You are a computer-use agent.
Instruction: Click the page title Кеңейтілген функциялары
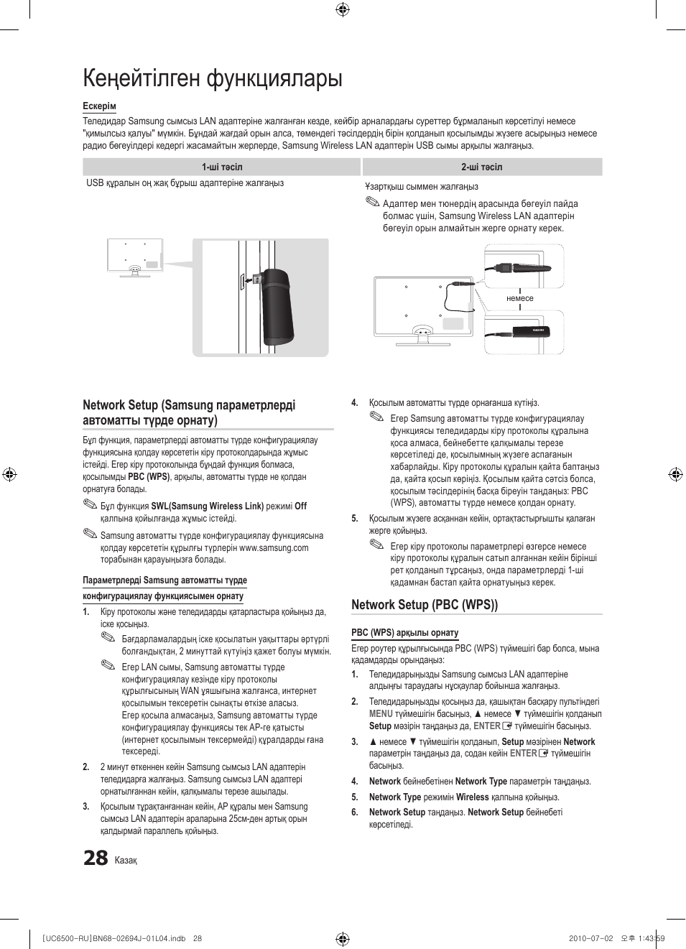click(213, 78)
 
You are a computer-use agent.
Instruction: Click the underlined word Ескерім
click(99, 106)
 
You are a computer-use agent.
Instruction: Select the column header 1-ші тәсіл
click(222, 167)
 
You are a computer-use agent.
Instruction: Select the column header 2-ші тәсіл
click(482, 167)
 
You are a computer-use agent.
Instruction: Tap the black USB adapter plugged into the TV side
click(277, 307)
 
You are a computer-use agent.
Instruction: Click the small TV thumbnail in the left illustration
click(135, 257)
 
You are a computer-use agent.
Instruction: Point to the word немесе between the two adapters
click(520, 298)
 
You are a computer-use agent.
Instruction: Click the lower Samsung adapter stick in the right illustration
click(520, 332)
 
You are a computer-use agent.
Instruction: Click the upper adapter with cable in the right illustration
click(522, 268)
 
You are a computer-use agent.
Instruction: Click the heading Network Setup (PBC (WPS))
click(425, 605)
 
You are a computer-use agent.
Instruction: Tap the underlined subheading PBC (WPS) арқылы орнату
click(404, 633)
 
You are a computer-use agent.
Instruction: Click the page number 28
click(96, 858)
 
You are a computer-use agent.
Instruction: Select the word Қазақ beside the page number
click(126, 861)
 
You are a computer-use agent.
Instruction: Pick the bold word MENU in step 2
click(381, 714)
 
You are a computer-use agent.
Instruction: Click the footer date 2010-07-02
click(590, 938)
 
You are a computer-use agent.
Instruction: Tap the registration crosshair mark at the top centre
click(343, 9)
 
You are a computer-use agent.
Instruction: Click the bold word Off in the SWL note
click(300, 506)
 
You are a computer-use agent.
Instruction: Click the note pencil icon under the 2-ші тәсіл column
click(372, 203)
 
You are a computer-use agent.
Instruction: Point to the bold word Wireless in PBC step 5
click(472, 797)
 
